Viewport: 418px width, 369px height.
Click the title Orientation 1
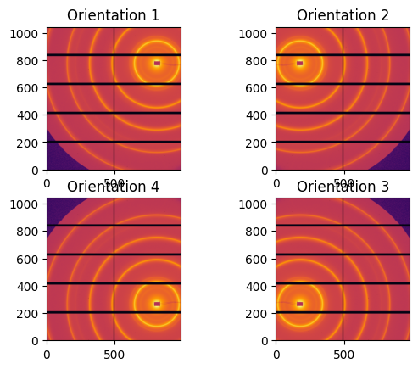[113, 15]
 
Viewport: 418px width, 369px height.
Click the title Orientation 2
[342, 15]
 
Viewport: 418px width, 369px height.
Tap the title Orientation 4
[113, 187]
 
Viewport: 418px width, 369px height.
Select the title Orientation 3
[342, 187]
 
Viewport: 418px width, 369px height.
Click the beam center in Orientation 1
[157, 63]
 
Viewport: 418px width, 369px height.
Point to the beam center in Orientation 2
[300, 63]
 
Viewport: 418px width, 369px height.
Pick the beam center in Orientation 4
[157, 304]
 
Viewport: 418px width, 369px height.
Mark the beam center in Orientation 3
[300, 304]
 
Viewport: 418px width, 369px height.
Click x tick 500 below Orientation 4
[114, 353]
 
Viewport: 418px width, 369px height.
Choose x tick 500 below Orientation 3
[343, 353]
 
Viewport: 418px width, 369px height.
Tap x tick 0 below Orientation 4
[47, 353]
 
